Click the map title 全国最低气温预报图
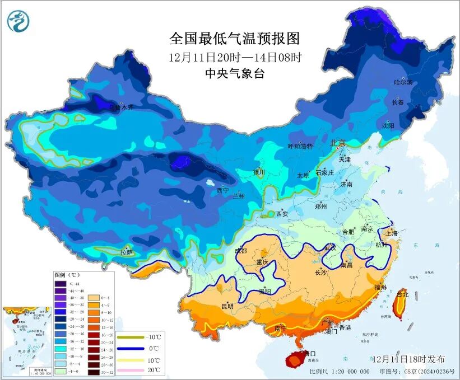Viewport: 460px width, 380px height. click(234, 39)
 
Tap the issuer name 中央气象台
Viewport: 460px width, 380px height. click(234, 73)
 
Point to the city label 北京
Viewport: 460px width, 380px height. click(338, 143)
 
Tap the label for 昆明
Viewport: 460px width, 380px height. click(227, 306)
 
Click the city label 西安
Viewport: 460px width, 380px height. click(282, 214)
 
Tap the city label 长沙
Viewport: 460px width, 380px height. click(320, 273)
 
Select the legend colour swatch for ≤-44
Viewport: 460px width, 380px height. click(61, 284)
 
